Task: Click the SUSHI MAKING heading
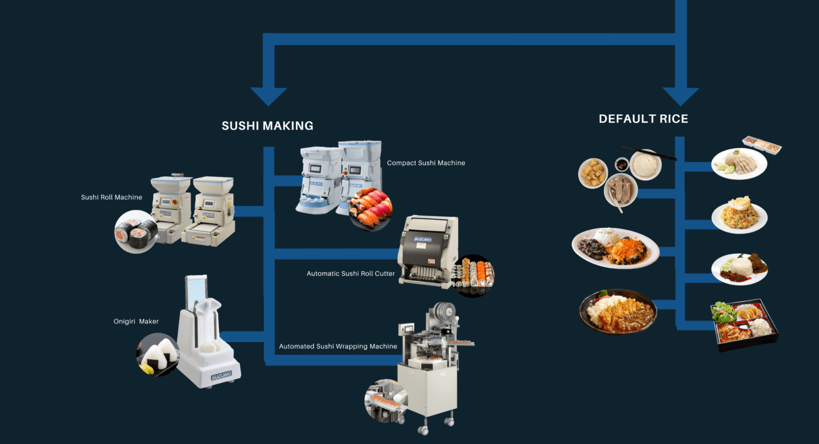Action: point(267,125)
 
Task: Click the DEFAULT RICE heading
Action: point(643,119)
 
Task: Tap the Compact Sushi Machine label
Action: point(426,163)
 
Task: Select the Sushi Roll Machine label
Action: point(111,197)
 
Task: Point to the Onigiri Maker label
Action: point(136,322)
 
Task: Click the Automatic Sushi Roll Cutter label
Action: point(350,274)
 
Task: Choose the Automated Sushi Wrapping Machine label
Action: point(338,346)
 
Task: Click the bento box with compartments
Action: point(744,325)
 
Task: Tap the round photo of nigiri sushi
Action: point(370,210)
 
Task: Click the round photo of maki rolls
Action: point(135,231)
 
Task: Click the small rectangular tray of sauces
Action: point(761,144)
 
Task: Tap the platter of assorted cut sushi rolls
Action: point(473,275)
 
